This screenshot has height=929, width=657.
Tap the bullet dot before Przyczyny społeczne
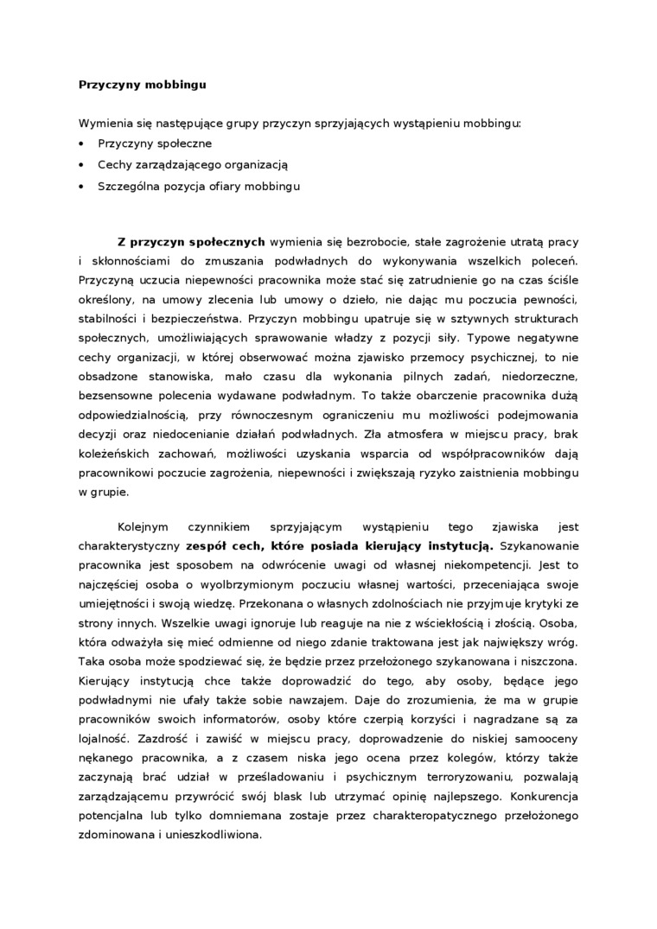[x=82, y=143]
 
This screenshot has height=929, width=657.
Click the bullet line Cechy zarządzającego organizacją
[x=192, y=164]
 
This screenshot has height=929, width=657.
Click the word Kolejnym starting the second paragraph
[x=145, y=525]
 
